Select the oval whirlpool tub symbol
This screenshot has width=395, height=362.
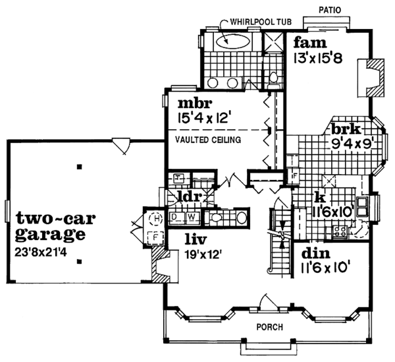[231, 41]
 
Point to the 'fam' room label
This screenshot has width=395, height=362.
[306, 44]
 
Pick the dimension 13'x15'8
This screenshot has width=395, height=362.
[319, 59]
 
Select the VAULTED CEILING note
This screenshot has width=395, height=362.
[207, 140]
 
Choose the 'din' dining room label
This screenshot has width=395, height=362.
[313, 253]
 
